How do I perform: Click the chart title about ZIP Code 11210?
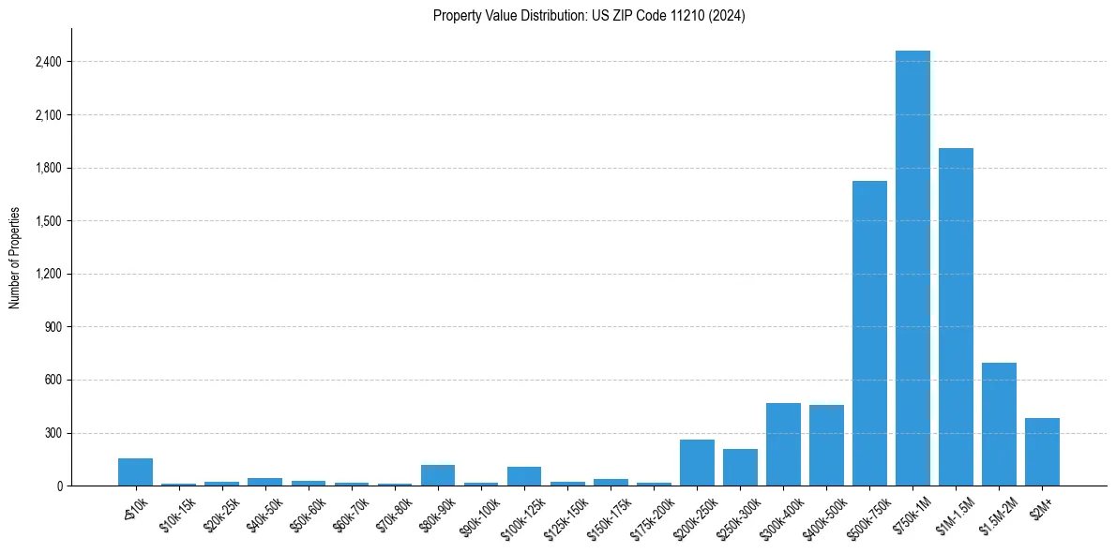tap(589, 16)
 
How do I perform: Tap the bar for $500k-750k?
tap(869, 333)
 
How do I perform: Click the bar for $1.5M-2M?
tap(999, 424)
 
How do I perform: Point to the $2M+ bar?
tap(1042, 452)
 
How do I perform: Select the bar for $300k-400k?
tap(783, 444)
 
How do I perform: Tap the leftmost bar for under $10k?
tap(135, 471)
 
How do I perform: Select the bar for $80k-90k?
tap(438, 475)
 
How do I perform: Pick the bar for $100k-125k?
tap(524, 476)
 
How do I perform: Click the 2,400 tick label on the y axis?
tap(48, 62)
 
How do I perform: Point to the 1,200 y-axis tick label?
tap(48, 274)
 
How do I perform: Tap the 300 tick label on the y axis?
tap(53, 433)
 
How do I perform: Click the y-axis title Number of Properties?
tap(15, 257)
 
